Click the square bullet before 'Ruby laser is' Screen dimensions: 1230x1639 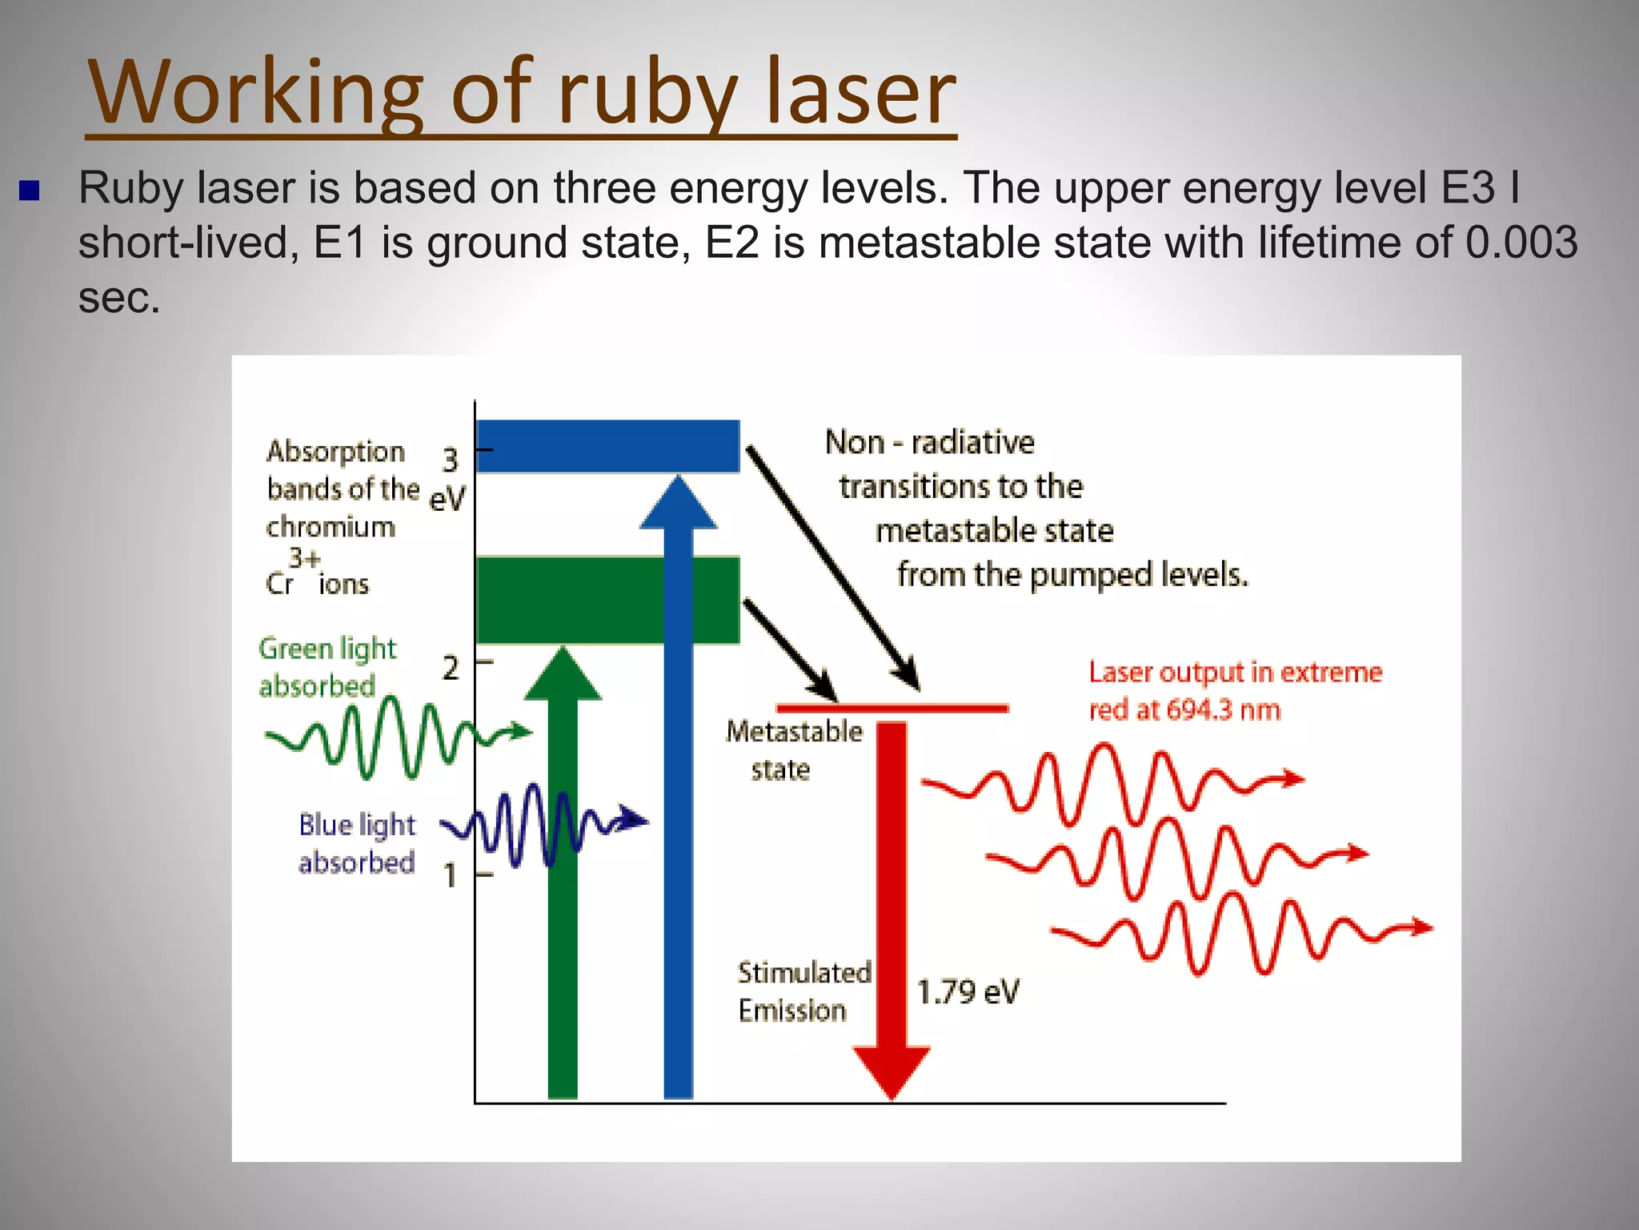[x=30, y=191]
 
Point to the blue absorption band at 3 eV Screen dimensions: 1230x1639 [x=607, y=446]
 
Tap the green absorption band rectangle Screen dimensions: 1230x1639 [x=607, y=600]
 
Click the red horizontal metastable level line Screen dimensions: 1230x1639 [x=892, y=708]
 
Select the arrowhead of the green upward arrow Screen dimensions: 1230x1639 [x=563, y=674]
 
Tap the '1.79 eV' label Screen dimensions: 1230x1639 [x=968, y=992]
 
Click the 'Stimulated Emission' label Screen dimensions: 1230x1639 [x=803, y=991]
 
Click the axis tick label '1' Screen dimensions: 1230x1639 [x=451, y=875]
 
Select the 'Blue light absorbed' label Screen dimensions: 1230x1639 [x=357, y=843]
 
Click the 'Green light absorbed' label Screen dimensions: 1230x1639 [x=327, y=667]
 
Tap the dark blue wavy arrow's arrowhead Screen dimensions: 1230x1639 [x=635, y=819]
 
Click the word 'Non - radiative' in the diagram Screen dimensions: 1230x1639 [x=929, y=442]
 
